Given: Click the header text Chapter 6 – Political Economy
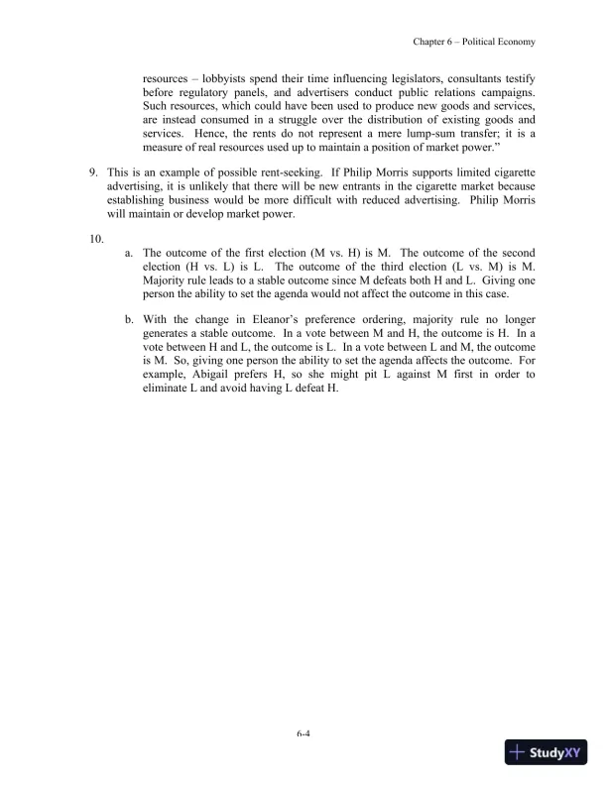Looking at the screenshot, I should [474, 42].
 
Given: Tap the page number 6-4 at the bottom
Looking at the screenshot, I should [303, 734].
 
